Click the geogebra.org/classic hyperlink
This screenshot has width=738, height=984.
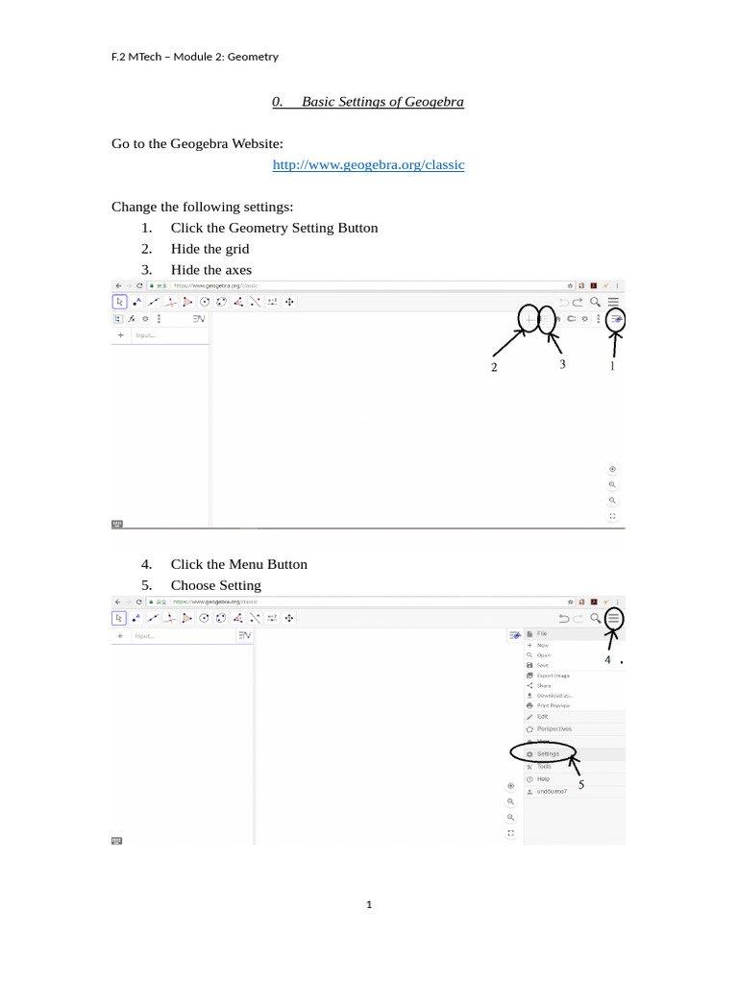[x=368, y=165]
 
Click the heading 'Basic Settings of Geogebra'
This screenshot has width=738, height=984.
[x=381, y=102]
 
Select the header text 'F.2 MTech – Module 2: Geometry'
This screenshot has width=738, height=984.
[x=195, y=57]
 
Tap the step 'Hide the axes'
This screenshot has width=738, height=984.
[x=210, y=270]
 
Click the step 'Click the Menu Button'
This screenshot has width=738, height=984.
[x=238, y=564]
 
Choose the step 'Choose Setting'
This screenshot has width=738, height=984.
[x=215, y=585]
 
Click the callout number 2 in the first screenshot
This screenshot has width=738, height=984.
[x=494, y=367]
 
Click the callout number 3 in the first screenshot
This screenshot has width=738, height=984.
[x=562, y=364]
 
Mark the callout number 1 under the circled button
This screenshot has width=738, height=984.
[x=612, y=365]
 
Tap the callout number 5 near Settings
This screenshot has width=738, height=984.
[x=581, y=785]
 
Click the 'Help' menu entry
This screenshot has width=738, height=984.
[x=543, y=778]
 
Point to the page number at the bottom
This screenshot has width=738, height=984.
[x=369, y=904]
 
